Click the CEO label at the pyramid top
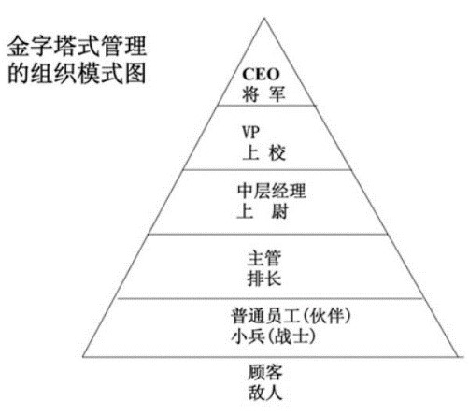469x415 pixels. pos(261,74)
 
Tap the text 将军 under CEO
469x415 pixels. pos(263,93)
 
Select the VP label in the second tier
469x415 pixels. pos(250,132)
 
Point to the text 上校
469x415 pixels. pos(264,152)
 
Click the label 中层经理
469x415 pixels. pos(271,191)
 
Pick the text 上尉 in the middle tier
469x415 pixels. pos(263,211)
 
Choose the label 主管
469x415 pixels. pos(264,258)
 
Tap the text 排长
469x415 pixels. pos(264,279)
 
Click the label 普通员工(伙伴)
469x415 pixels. pos(291,316)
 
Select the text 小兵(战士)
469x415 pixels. pos(274,336)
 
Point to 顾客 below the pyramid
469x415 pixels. pos(265,372)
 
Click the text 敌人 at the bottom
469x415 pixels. pos(265,392)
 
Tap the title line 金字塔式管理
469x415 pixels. pos(77,46)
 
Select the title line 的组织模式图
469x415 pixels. pos(77,73)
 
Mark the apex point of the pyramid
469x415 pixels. pos(264,19)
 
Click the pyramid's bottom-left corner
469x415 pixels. pos(83,356)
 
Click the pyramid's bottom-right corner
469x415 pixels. pos(459,356)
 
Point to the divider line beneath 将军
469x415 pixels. pos(266,106)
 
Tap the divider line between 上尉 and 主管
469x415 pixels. pos(267,234)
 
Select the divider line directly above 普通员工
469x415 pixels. pos(270,298)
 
